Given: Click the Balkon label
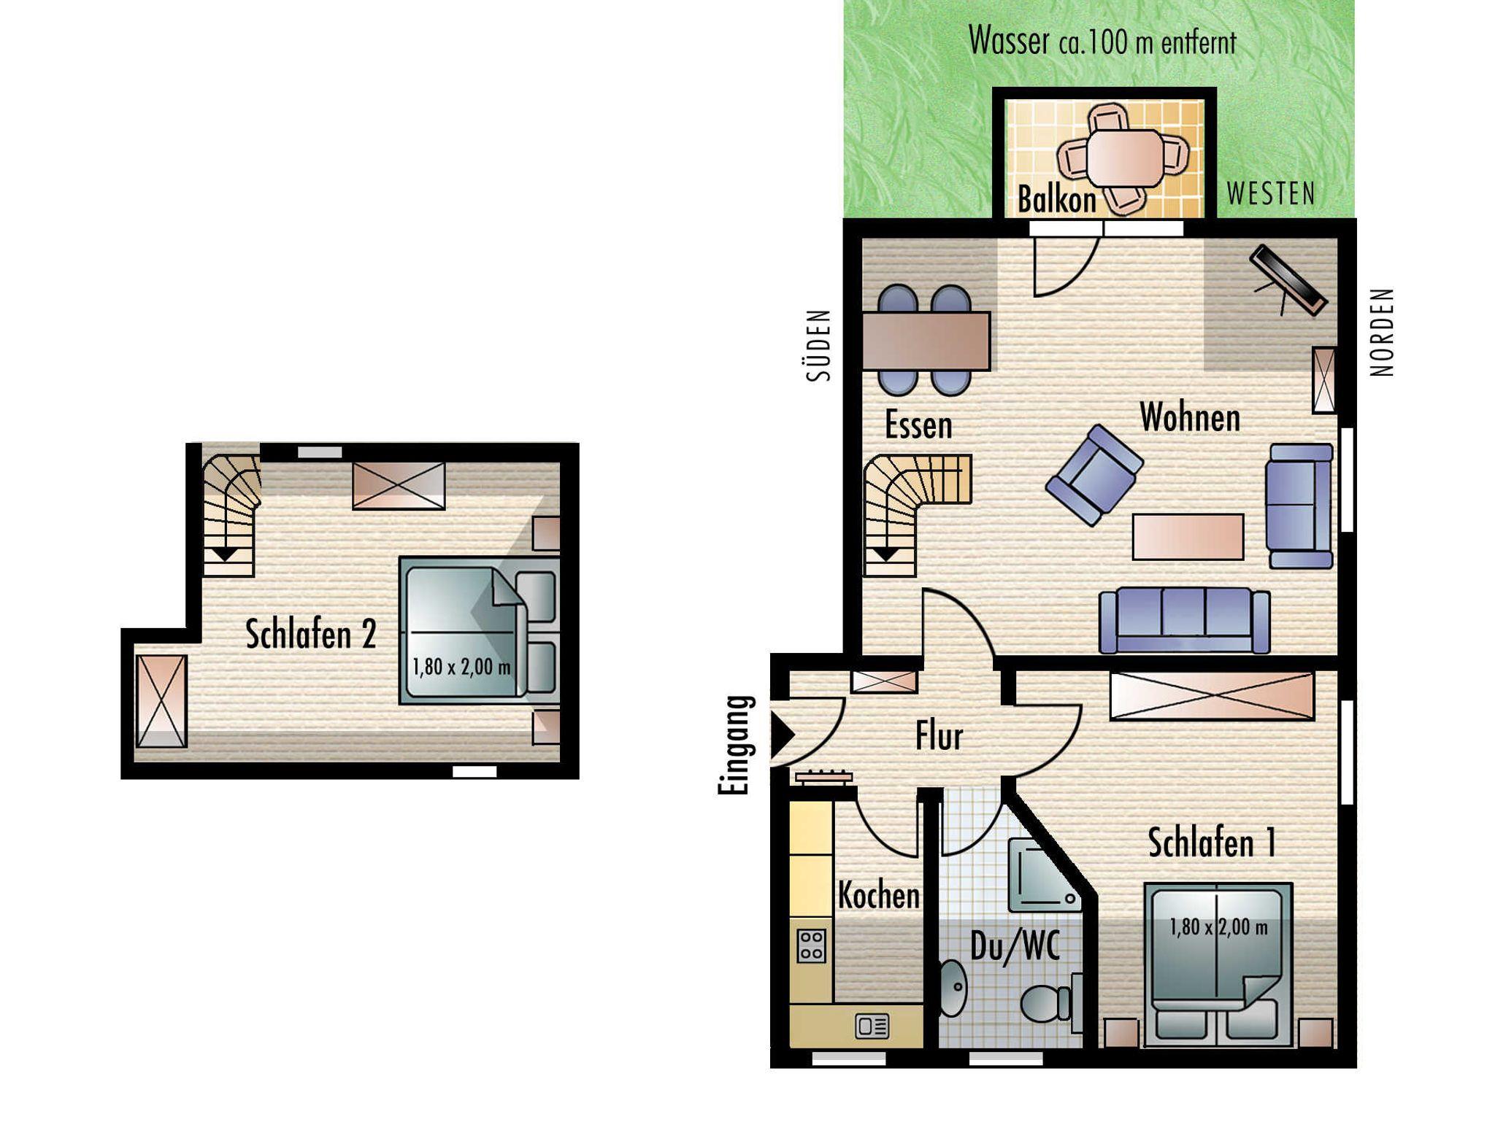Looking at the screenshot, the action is (1056, 199).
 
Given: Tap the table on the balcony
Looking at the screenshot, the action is (1125, 158).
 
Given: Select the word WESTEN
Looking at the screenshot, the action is (1271, 194).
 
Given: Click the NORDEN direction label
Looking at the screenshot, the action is (1383, 332).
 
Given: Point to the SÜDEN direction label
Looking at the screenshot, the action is (819, 345).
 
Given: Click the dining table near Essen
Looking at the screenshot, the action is (926, 341).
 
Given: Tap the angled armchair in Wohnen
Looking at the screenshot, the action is (1094, 475).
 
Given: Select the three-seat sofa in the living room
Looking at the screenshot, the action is (1184, 619).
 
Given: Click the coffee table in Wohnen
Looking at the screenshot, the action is (1188, 537).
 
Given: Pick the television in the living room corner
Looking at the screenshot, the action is (1288, 281).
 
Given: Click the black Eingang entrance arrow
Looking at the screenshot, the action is (782, 734).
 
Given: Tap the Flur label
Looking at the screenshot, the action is (939, 736).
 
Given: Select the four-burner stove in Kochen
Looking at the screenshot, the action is (812, 945).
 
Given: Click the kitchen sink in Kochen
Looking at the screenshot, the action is (872, 1026).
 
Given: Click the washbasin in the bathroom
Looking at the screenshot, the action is (952, 988).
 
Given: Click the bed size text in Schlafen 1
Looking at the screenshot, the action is (1218, 927).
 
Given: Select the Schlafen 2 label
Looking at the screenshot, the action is (311, 634).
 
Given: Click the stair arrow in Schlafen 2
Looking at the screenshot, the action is (226, 554).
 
